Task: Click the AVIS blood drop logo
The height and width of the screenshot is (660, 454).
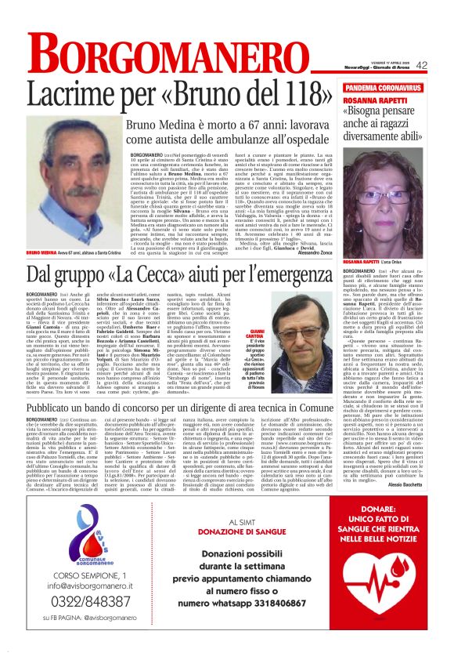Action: [x=76, y=539]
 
